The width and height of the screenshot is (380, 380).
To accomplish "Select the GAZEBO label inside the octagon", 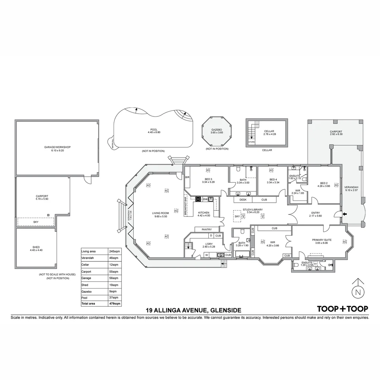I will pyautogui.click(x=215, y=129).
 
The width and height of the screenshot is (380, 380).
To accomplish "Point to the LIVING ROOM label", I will pyautogui.click(x=160, y=213).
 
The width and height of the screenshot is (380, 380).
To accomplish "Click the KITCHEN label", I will pyautogui.click(x=204, y=213).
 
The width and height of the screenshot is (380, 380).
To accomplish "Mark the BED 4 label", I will pyautogui.click(x=273, y=179).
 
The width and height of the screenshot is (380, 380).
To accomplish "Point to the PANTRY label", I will pyautogui.click(x=207, y=229).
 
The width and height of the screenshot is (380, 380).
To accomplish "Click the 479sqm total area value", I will pyautogui.click(x=115, y=303).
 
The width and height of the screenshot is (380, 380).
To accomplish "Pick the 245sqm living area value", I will pyautogui.click(x=115, y=251).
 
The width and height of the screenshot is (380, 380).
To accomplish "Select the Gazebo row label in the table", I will pyautogui.click(x=86, y=292).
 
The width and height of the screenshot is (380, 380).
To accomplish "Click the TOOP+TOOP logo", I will pyautogui.click(x=343, y=309).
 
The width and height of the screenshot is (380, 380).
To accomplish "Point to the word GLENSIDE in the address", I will pyautogui.click(x=226, y=310).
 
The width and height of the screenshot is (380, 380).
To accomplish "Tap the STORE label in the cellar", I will pyautogui.click(x=251, y=142).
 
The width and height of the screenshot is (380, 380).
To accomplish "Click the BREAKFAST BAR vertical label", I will pyautogui.click(x=186, y=206).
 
